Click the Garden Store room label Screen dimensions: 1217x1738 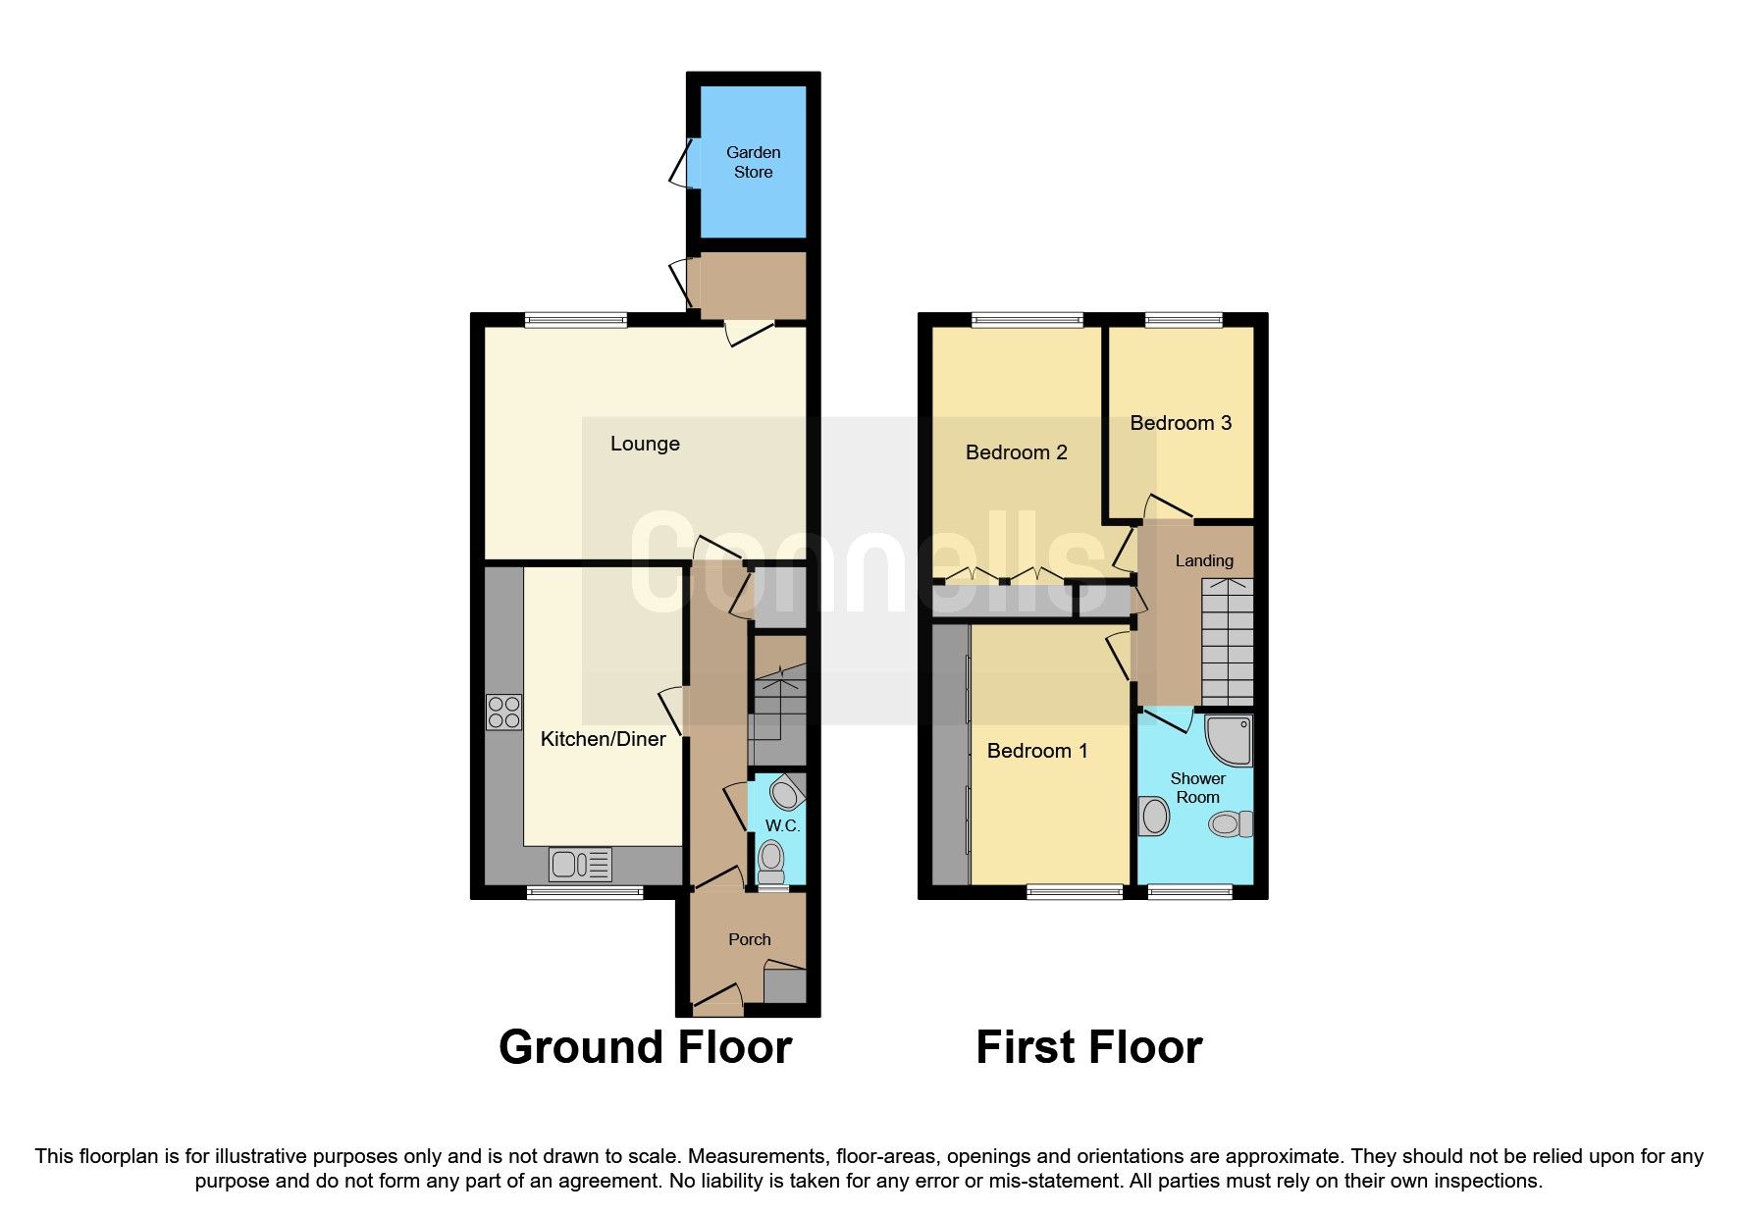click(753, 162)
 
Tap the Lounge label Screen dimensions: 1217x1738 click(645, 444)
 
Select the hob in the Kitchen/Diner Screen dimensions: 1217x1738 click(503, 713)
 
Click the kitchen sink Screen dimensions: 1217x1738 click(580, 865)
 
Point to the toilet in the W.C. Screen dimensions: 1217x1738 click(772, 858)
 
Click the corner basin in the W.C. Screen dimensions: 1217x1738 click(786, 791)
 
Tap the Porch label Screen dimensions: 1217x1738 click(749, 939)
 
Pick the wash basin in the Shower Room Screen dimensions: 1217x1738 click(1154, 816)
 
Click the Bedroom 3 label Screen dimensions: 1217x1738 click(1181, 423)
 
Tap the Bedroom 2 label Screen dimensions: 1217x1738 click(1016, 452)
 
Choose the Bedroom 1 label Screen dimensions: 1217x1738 click(1037, 751)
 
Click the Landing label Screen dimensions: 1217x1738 click(1204, 560)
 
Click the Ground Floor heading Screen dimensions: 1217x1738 click(645, 1047)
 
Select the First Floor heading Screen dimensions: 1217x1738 click(1088, 1047)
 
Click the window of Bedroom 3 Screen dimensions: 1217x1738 click(1184, 319)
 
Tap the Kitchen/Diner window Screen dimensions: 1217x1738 click(585, 892)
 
